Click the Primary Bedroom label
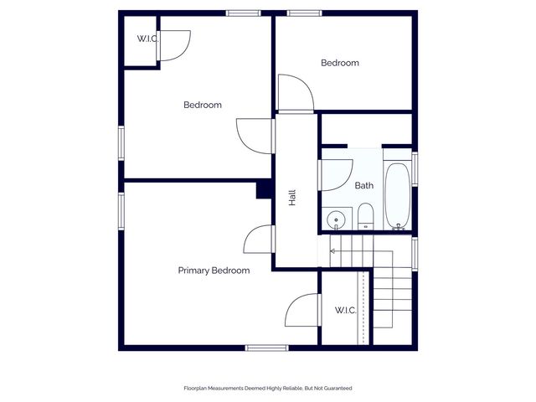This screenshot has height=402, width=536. (x=214, y=271)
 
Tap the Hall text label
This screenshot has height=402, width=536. (x=292, y=198)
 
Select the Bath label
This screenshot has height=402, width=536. (x=363, y=186)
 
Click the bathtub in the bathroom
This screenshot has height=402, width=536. (x=397, y=196)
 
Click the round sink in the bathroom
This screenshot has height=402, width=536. (x=337, y=220)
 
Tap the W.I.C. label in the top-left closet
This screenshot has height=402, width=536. (x=147, y=39)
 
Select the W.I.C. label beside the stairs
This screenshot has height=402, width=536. (x=346, y=311)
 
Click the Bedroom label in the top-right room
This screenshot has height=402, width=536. (x=340, y=63)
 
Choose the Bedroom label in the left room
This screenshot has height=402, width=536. (x=203, y=105)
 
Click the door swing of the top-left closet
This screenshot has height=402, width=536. (x=173, y=45)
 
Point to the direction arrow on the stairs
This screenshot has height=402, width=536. (x=332, y=250)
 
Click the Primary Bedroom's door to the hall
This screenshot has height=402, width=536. (x=259, y=240)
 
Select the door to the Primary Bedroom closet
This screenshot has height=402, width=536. (x=302, y=311)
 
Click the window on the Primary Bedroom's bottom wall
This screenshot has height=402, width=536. (x=266, y=348)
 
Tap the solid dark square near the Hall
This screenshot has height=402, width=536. (x=264, y=190)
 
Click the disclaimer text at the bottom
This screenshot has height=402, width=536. (x=268, y=389)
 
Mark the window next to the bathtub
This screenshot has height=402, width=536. (x=415, y=168)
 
